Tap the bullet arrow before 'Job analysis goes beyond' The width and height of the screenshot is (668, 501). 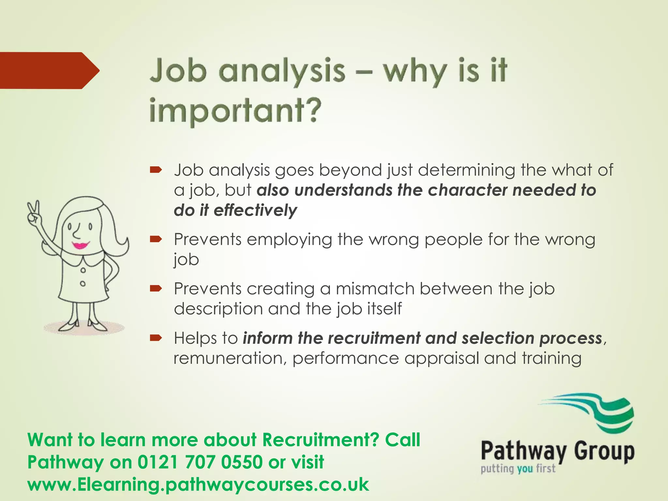(x=156, y=170)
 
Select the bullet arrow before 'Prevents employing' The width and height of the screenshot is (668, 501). (x=156, y=239)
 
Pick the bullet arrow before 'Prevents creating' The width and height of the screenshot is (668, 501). (x=156, y=288)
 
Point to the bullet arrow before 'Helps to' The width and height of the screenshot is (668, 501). (x=156, y=338)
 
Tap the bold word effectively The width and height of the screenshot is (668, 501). (x=255, y=210)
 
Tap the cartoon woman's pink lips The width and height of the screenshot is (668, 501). (x=81, y=245)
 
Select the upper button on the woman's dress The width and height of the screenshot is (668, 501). (x=83, y=270)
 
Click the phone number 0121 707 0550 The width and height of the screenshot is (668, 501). (x=200, y=462)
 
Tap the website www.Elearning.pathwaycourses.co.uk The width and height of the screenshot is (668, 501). (x=198, y=484)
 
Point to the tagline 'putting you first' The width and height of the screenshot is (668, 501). (x=518, y=469)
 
